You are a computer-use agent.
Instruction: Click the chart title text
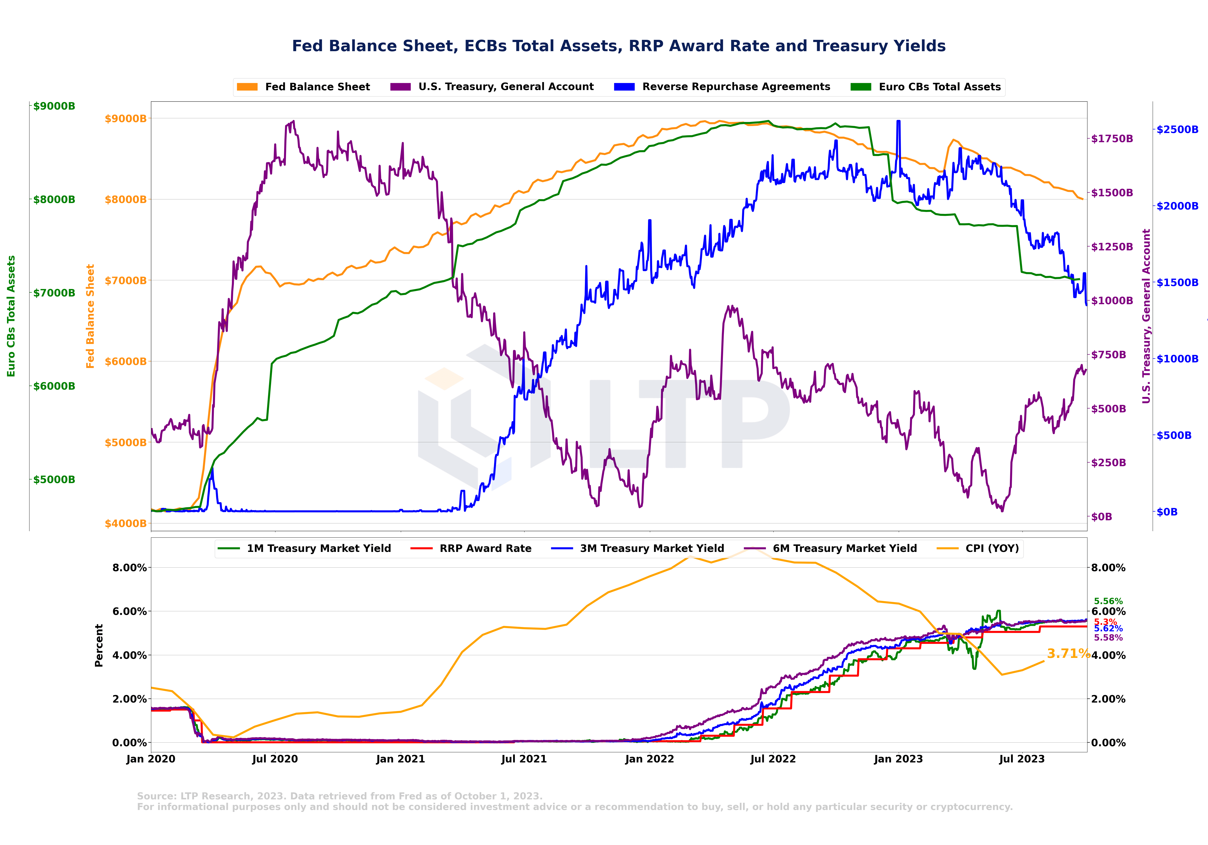[x=619, y=46]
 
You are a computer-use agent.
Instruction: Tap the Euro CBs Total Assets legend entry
[x=939, y=87]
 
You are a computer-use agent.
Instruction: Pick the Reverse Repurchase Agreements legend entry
[x=735, y=87]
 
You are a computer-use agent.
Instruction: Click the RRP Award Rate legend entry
[x=485, y=549]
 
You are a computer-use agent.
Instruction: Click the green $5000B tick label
[x=54, y=479]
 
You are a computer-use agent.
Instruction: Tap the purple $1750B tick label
[x=1112, y=139]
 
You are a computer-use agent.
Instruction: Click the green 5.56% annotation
[x=1108, y=601]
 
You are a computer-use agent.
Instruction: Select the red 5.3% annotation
[x=1105, y=622]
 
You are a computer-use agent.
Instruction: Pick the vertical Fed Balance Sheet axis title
[x=91, y=316]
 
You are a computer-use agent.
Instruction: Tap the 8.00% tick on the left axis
[x=129, y=568]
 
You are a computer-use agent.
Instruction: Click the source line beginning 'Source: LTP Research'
[x=339, y=796]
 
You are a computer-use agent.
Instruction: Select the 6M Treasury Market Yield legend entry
[x=844, y=549]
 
